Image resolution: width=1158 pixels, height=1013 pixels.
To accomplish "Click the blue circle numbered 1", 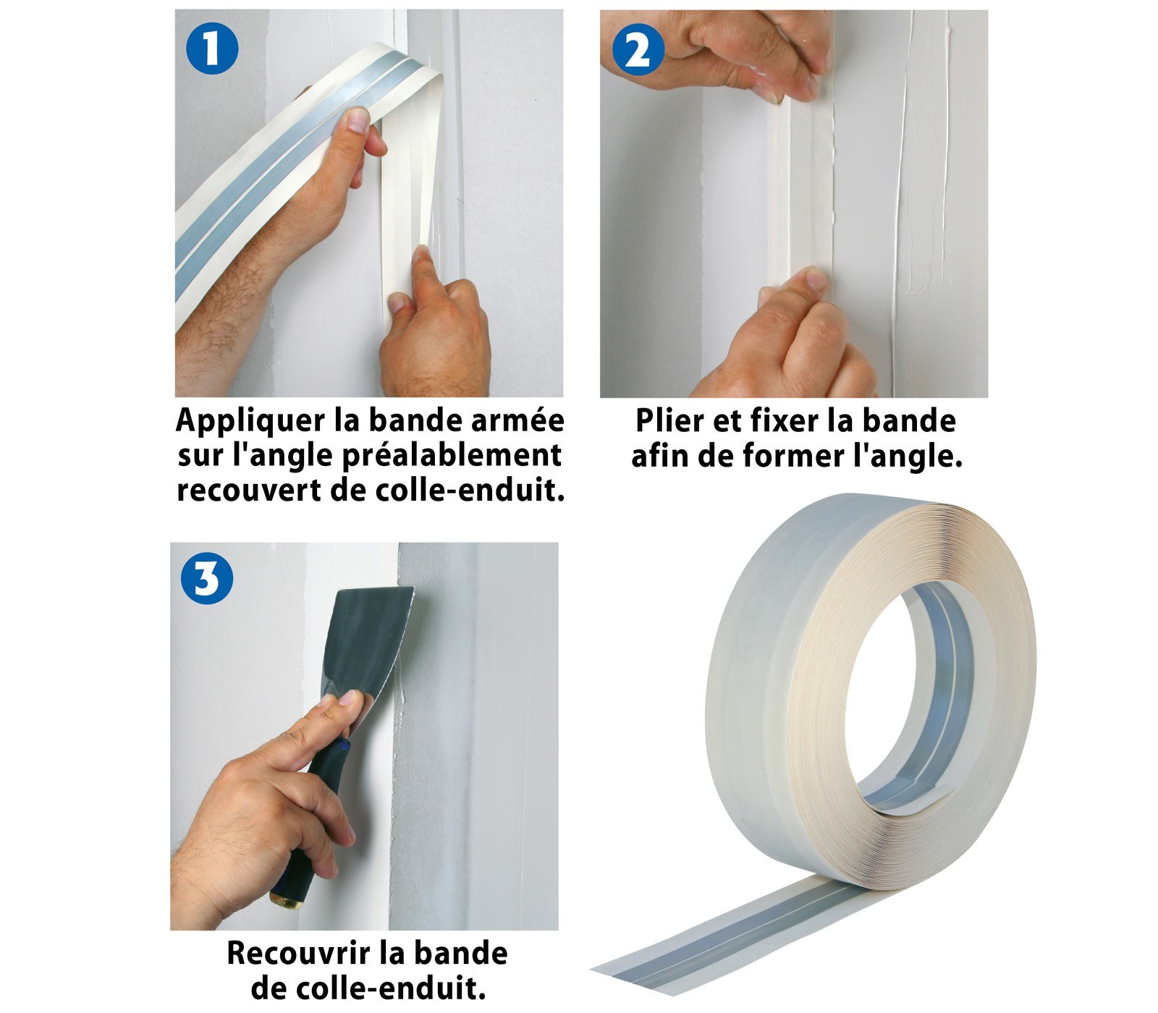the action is click(x=211, y=47).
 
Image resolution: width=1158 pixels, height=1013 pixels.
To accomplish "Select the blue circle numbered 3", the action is click(x=207, y=578).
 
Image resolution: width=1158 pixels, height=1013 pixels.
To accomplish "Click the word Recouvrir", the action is click(x=298, y=953).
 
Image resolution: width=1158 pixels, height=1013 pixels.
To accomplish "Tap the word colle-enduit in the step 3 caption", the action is click(x=392, y=988).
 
